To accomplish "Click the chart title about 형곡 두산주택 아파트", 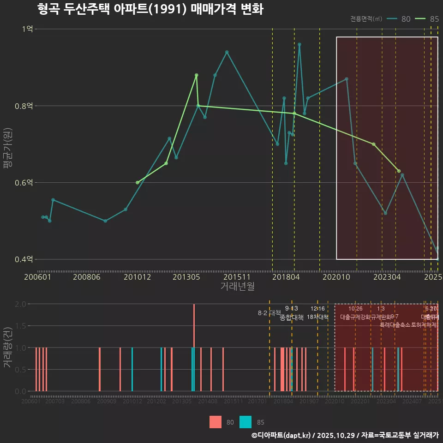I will coord(150,9).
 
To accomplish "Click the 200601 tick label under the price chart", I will coord(37,277).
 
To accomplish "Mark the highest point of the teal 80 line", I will coord(299,45).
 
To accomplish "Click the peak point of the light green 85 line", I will coord(196,75).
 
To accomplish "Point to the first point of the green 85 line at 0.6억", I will coord(137,183).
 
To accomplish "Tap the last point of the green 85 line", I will coord(399,171).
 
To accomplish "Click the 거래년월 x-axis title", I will coord(237,286).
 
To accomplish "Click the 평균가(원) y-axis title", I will coord(8,143).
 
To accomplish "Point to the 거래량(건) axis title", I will coord(8,347).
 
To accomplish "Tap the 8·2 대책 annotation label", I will coord(269,313).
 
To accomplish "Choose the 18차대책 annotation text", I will coord(317,317).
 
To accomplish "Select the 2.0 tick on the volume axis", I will coord(20,304).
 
